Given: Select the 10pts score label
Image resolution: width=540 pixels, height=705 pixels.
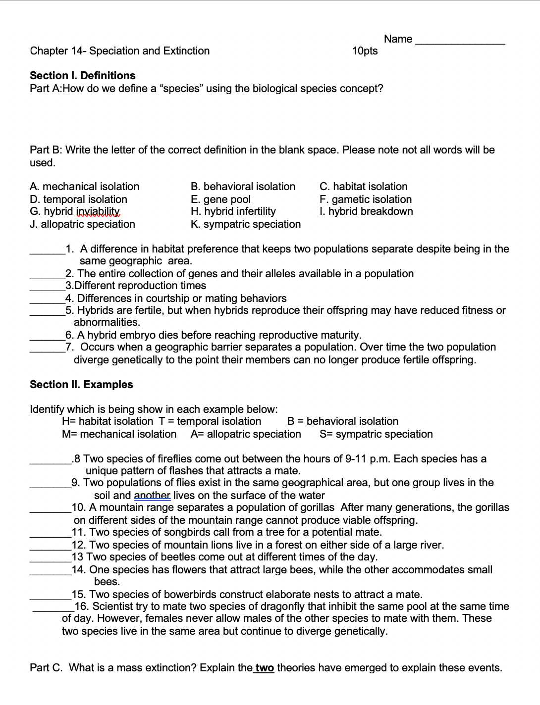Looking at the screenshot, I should tap(365, 51).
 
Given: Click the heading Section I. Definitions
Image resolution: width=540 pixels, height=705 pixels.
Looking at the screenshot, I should tap(83, 76).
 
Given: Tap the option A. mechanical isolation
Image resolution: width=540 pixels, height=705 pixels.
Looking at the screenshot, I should tap(85, 187).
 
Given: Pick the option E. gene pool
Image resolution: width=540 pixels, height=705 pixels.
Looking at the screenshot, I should tap(221, 200).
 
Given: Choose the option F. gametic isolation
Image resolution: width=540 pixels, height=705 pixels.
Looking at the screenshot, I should tap(366, 200).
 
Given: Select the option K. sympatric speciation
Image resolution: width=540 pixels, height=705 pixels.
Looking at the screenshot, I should tap(246, 224).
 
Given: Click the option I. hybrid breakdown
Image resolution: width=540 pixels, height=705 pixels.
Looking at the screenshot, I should tap(366, 211).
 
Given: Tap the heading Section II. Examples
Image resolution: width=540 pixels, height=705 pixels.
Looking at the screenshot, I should tap(82, 385).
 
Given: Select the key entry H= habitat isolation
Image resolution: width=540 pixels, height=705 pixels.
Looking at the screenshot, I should tap(108, 421).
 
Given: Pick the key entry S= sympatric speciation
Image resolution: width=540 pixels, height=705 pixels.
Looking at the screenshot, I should tap(376, 434).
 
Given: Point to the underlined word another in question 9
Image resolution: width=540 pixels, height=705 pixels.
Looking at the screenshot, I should tap(152, 496).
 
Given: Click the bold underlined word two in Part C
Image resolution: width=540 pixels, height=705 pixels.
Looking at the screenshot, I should tap(264, 668).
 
